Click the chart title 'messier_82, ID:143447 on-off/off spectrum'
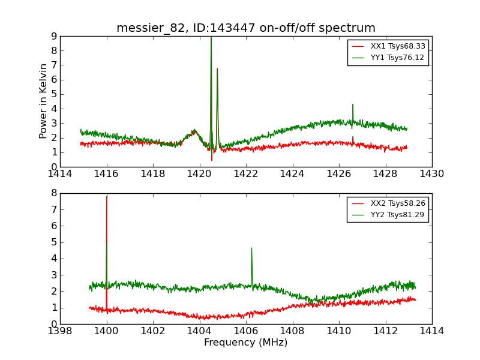[x=246, y=28]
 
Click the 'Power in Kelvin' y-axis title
[x=43, y=101]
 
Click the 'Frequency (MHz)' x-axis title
[x=246, y=343]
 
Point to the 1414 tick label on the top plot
[x=61, y=175]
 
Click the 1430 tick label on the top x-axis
[x=432, y=175]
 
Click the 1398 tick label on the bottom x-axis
[x=61, y=331]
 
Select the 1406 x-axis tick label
[x=246, y=331]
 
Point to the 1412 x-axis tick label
[x=385, y=331]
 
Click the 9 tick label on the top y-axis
[x=53, y=37]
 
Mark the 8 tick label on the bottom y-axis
[x=53, y=193]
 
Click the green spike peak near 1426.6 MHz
[x=353, y=104]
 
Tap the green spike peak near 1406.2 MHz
[x=251, y=248]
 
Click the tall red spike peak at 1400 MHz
[x=107, y=197]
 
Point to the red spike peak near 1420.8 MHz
[x=217, y=69]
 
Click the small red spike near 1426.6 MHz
[x=353, y=137]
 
